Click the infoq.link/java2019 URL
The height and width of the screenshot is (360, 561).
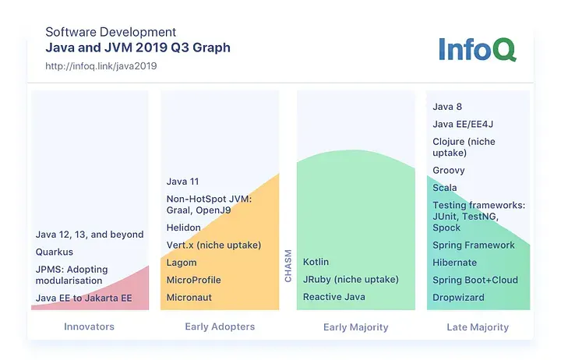tap(101, 66)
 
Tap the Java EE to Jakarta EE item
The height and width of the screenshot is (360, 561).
tap(84, 298)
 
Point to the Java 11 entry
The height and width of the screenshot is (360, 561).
tap(182, 182)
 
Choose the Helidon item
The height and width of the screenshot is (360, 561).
tap(184, 228)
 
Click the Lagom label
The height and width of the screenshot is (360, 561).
tap(182, 263)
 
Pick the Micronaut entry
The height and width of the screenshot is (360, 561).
tap(189, 298)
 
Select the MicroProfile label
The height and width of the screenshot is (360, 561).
tap(194, 280)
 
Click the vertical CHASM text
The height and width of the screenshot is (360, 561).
tap(288, 266)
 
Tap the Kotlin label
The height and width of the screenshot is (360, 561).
tap(316, 262)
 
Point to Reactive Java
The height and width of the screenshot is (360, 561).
tap(333, 298)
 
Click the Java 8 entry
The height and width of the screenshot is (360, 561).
tap(447, 107)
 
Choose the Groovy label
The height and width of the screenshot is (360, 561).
tap(449, 170)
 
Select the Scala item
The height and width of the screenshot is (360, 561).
tap(445, 188)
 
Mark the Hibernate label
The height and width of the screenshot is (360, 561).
tap(454, 263)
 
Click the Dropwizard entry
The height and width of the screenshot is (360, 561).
tap(458, 298)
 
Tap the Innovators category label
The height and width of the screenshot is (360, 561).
tap(90, 327)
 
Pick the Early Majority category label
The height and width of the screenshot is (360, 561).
tap(355, 327)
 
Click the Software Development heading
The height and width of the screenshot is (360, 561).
tap(111, 32)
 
